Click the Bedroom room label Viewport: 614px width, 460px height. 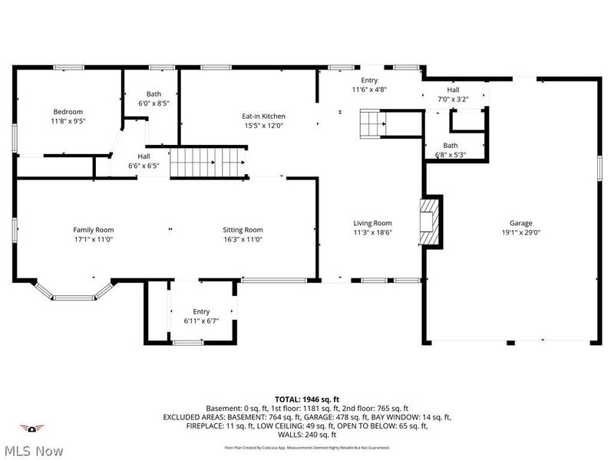point(68,111)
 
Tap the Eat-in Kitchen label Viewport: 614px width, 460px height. point(264,117)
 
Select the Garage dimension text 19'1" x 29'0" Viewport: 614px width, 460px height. point(520,232)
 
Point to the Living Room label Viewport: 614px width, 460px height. point(372,223)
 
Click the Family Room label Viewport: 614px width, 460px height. point(93,229)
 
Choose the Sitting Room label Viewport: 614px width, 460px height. point(243,229)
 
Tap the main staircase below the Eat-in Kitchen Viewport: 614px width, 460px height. point(206,163)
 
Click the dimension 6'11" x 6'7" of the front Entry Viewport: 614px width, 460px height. point(201,320)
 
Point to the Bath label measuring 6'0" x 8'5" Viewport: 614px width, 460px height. point(153,94)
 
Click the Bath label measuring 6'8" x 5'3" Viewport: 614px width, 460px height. point(450,146)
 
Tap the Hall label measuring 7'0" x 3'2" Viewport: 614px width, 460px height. point(453,90)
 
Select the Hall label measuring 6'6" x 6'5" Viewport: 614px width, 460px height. point(144,156)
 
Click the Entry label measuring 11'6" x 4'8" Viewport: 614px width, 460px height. point(369,80)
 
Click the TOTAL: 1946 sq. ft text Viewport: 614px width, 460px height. point(307,399)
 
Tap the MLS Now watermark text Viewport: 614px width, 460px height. point(33,451)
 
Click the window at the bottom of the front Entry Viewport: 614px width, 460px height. point(187,343)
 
